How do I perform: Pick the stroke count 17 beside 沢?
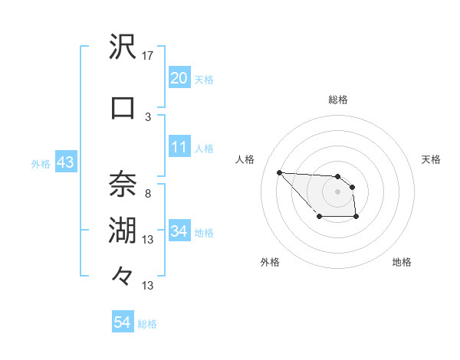(x=148, y=55)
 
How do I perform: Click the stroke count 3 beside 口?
(x=148, y=116)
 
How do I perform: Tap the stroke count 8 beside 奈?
(x=148, y=193)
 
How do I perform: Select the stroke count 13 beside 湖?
(x=148, y=239)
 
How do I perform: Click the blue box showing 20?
(x=179, y=78)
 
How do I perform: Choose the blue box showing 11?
(x=179, y=147)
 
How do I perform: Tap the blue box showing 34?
(x=179, y=231)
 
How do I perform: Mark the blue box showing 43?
(x=64, y=162)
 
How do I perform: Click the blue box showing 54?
(x=122, y=322)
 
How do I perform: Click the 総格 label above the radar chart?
(x=337, y=100)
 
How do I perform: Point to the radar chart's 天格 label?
(x=432, y=159)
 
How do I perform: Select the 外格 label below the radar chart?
(x=269, y=262)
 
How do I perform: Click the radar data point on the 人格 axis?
(x=279, y=172)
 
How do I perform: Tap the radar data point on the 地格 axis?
(x=356, y=218)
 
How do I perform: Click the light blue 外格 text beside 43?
(x=40, y=163)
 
